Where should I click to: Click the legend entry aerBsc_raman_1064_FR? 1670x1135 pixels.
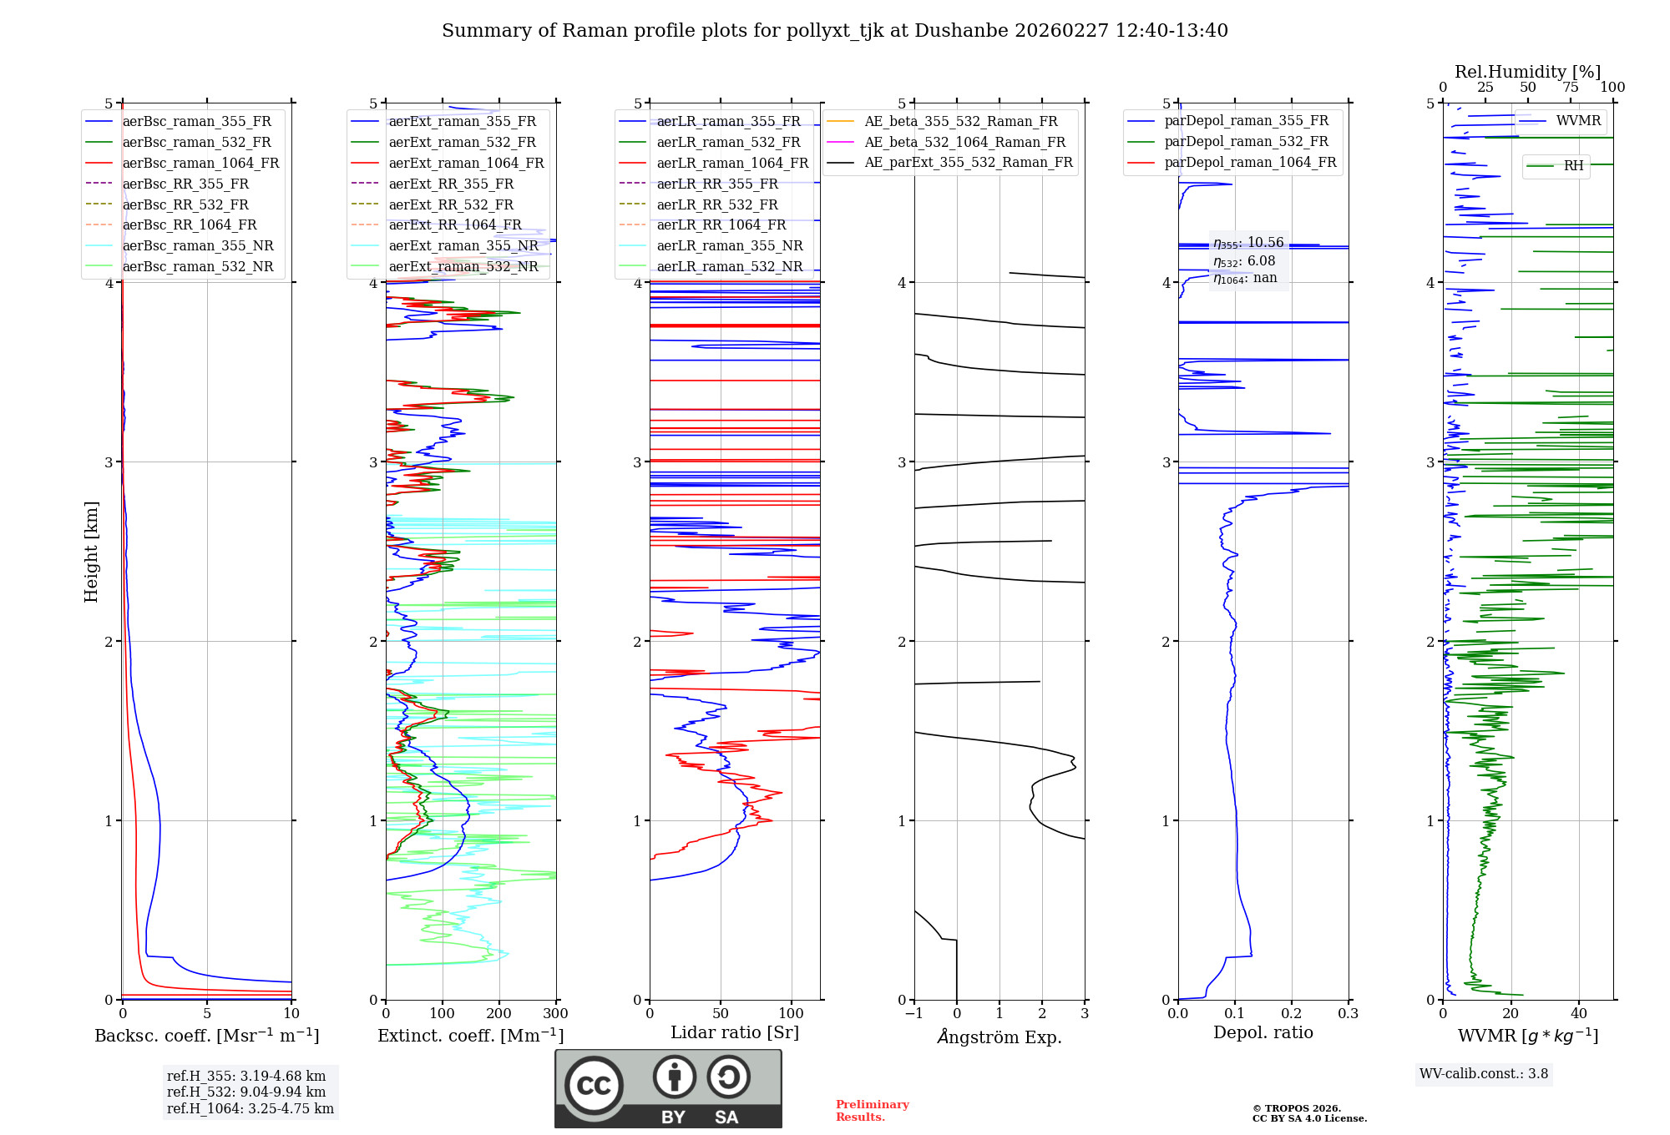point(200,164)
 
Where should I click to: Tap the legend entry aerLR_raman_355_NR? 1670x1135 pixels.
point(729,246)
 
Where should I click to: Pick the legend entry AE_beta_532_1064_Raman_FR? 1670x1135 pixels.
point(964,142)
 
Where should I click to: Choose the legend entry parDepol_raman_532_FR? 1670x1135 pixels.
point(1246,142)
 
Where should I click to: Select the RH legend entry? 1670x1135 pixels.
point(1573,166)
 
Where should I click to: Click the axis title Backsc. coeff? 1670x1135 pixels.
point(206,1036)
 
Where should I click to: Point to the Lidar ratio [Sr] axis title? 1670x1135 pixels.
point(734,1032)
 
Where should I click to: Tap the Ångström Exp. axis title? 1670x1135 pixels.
point(999,1037)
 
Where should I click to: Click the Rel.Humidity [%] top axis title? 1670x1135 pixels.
point(1527,72)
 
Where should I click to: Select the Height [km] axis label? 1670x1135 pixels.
point(91,552)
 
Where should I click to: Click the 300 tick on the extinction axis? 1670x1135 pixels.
point(555,1014)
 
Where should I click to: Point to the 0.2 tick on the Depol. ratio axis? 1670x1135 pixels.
point(1291,1014)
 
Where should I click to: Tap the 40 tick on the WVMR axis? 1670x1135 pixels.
point(1578,1014)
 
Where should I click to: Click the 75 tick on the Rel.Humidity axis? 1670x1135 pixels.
point(1570,88)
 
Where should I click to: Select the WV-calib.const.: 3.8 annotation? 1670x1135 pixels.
point(1483,1074)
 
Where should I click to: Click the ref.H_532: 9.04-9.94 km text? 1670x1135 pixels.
point(245,1092)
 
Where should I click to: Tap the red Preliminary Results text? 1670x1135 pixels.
point(872,1111)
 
